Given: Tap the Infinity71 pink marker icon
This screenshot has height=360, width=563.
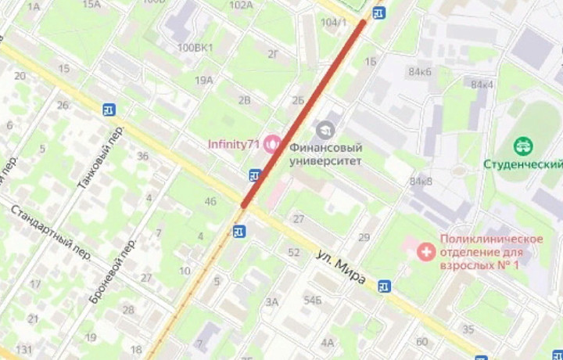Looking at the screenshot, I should coord(273,143).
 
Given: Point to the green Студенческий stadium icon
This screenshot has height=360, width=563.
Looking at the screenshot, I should coord(523,146).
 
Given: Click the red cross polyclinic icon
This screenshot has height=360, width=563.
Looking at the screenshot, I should coord(426,251).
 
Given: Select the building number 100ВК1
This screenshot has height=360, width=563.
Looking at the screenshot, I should coord(195,48).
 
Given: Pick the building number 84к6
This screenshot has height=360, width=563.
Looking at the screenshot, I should coord(419,72).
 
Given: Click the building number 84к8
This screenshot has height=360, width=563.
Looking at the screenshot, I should coord(421,182).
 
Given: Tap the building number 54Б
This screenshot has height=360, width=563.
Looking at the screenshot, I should coord(313,300).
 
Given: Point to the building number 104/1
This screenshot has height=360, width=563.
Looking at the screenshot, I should coord(334,22).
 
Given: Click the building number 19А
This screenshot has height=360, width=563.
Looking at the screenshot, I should coord(204,80).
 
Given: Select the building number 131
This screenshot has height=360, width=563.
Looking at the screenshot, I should coord(24,349).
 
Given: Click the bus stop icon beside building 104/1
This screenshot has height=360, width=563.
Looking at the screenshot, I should coord(378,13).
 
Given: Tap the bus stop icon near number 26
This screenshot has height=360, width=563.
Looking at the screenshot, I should coord(108,110).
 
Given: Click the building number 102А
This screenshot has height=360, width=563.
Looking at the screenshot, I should coord(241,5).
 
